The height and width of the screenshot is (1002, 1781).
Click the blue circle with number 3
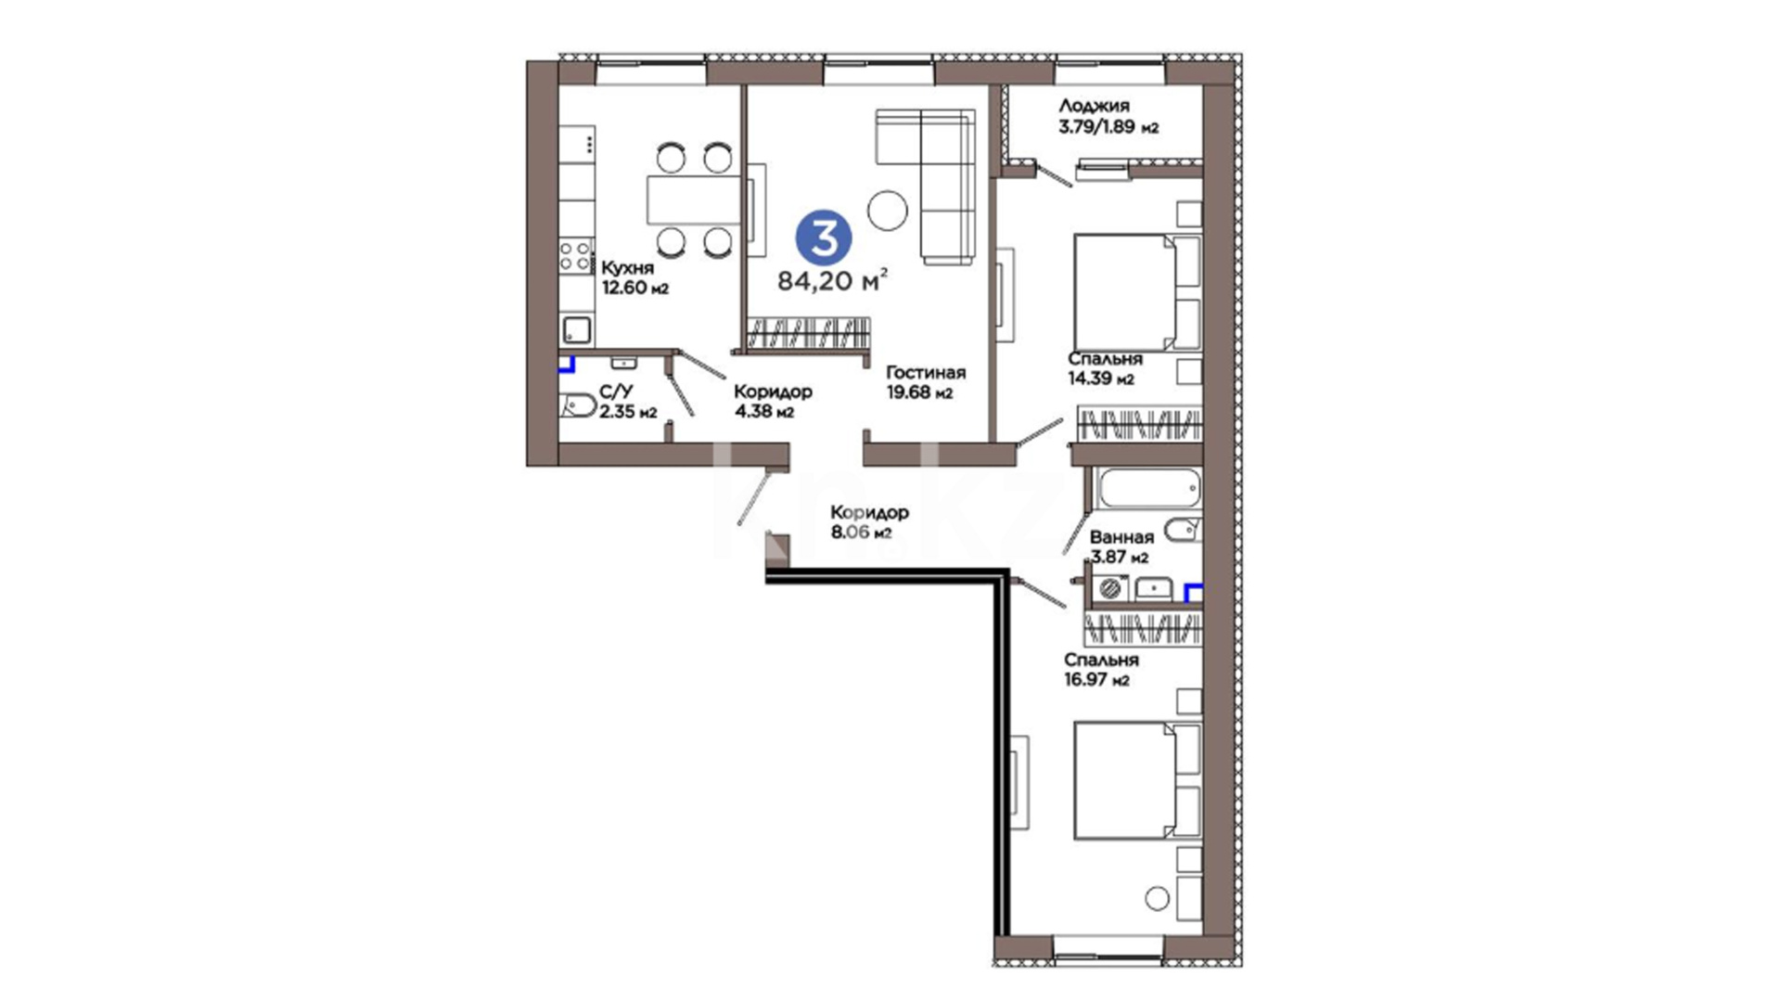pyautogui.click(x=824, y=238)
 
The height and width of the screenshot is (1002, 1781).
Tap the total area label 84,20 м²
pyautogui.click(x=832, y=280)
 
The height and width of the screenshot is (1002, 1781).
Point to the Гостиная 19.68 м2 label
pyautogui.click(x=925, y=382)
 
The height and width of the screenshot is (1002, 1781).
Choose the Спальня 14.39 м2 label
pyautogui.click(x=1104, y=368)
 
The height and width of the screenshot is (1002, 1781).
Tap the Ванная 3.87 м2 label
pyautogui.click(x=1121, y=546)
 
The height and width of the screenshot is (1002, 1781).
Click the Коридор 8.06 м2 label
pyautogui.click(x=868, y=521)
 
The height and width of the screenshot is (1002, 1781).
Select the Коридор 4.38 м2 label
pyautogui.click(x=772, y=401)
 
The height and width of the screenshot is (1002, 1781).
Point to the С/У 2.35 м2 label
pyautogui.click(x=627, y=402)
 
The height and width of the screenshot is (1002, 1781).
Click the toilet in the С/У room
pyautogui.click(x=577, y=405)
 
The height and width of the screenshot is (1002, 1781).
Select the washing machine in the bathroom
pyautogui.click(x=1109, y=588)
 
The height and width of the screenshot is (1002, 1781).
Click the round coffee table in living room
pyautogui.click(x=888, y=210)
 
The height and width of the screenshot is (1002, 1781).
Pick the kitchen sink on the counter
pyautogui.click(x=576, y=329)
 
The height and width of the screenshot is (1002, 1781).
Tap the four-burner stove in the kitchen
pyautogui.click(x=575, y=255)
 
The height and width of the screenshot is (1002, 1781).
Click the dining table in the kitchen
pyautogui.click(x=695, y=199)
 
